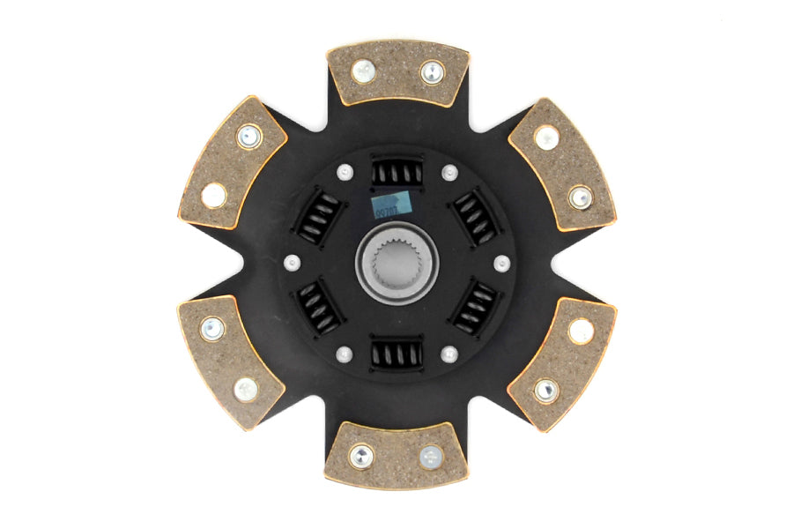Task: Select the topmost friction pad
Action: (397, 72)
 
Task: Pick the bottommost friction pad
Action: (396, 455)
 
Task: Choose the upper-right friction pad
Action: (561, 164)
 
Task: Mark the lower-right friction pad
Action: (561, 362)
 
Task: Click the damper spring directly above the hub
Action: (397, 171)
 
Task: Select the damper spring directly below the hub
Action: (396, 354)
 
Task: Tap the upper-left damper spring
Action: (318, 217)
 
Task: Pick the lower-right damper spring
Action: (476, 309)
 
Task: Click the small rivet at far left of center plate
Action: (292, 262)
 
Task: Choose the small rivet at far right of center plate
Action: (502, 263)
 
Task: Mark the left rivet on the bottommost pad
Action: (360, 456)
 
